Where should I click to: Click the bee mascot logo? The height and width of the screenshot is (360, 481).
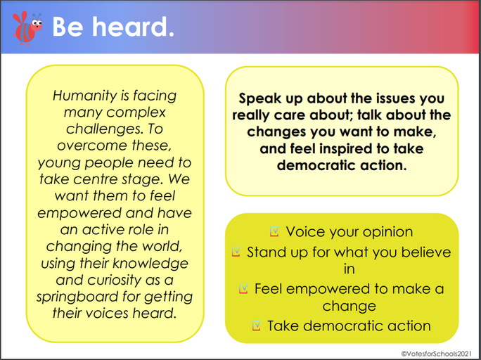click(x=27, y=29)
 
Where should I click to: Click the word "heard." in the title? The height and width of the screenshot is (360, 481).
click(x=133, y=27)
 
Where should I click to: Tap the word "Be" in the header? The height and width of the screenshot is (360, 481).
click(x=68, y=27)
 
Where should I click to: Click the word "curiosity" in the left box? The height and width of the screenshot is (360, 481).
click(x=114, y=280)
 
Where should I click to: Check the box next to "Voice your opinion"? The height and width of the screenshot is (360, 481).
click(x=274, y=231)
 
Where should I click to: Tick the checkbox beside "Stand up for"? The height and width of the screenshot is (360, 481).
click(x=236, y=252)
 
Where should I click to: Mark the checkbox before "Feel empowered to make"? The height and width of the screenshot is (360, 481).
click(x=243, y=288)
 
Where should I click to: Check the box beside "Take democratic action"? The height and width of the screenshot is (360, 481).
click(x=257, y=326)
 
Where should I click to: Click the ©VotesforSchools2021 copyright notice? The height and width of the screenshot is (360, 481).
click(x=437, y=354)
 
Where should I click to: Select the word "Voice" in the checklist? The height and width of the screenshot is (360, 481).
click(x=305, y=232)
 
